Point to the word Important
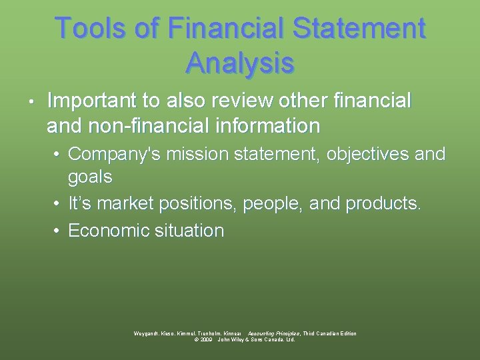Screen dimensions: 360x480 [x=93, y=101]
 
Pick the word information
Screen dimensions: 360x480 [x=277, y=125]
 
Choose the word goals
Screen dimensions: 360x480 [x=90, y=177]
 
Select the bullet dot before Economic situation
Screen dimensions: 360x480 [x=58, y=231]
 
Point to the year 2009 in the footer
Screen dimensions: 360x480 [x=205, y=339]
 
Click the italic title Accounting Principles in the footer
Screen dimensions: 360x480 [x=273, y=333]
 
